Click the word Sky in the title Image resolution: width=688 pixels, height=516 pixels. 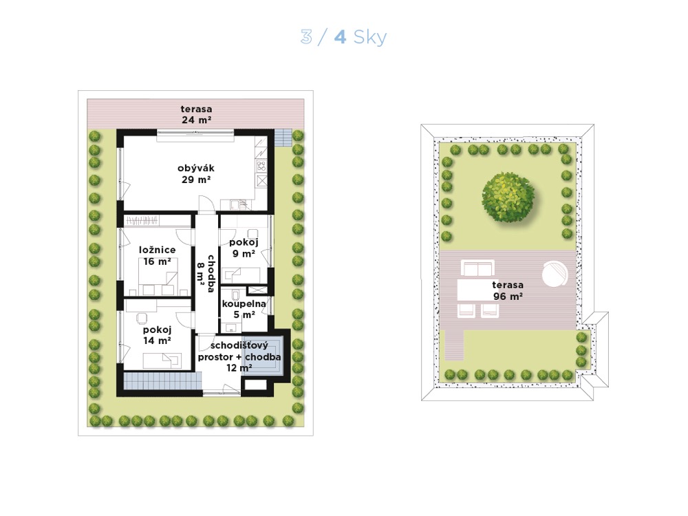click(x=370, y=38)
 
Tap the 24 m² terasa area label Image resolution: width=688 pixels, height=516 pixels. click(x=197, y=120)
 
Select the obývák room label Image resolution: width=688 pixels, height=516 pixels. click(x=196, y=168)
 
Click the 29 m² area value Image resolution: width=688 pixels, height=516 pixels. click(x=196, y=180)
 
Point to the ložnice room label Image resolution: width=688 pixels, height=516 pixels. click(x=157, y=250)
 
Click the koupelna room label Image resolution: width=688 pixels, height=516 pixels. click(x=244, y=303)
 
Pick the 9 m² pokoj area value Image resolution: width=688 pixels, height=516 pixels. click(x=244, y=254)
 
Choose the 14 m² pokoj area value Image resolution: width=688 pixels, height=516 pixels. click(x=157, y=341)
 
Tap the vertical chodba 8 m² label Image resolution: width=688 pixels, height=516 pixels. click(x=206, y=274)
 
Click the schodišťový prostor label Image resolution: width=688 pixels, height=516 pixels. click(x=239, y=351)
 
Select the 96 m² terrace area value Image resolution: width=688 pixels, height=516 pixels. click(x=508, y=296)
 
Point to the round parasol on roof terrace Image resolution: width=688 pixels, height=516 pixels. click(x=555, y=275)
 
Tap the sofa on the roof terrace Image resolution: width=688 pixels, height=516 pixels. click(x=477, y=268)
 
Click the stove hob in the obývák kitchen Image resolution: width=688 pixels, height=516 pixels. click(x=261, y=166)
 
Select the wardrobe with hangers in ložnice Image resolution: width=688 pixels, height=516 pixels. click(x=142, y=220)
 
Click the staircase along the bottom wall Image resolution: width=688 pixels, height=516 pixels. click(x=162, y=381)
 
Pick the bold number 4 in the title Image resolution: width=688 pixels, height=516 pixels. click(x=340, y=38)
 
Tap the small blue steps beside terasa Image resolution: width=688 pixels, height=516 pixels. click(x=283, y=138)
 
